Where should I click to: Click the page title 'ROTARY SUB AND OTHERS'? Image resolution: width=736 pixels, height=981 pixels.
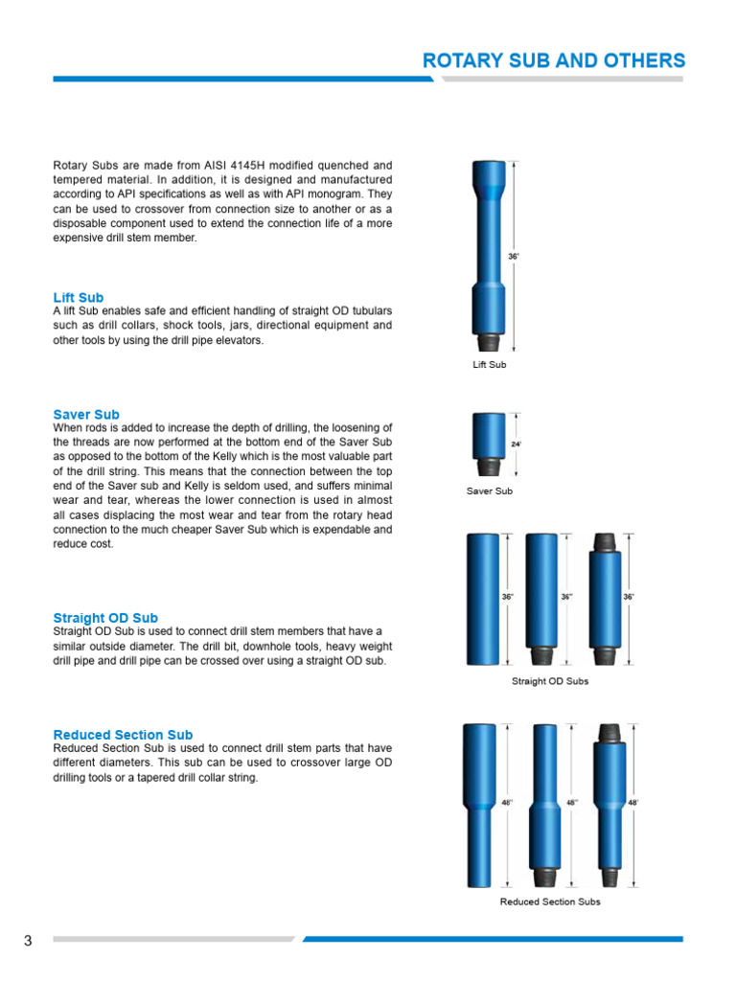coord(554,60)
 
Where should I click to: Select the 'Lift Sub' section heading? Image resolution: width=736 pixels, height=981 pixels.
coord(79,298)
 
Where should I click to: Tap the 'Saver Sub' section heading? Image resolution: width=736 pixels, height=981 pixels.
coord(86,415)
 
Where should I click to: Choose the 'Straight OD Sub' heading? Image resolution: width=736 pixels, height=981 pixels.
coord(105,618)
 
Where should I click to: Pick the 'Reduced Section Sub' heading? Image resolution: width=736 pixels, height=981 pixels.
coord(123,735)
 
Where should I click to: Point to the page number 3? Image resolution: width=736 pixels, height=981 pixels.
coord(28,941)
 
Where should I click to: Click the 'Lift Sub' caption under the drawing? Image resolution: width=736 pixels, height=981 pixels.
coord(489,365)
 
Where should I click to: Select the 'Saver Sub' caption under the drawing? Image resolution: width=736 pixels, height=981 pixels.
coord(489,491)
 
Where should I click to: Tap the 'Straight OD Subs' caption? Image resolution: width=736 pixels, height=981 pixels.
coord(549,681)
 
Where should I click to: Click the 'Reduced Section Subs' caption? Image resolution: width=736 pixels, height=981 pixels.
coord(549,901)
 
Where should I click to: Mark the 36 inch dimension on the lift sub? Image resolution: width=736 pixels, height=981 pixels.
coord(514,257)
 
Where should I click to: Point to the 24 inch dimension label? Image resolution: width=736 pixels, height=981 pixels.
coord(516,445)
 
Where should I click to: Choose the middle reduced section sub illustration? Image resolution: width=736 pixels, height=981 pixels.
coord(544,805)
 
